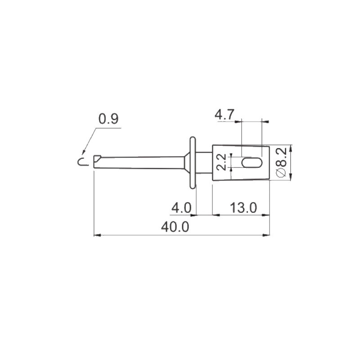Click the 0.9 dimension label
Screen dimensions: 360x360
(108, 119)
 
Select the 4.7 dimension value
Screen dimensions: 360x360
(224, 114)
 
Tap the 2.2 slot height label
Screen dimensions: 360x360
(221, 162)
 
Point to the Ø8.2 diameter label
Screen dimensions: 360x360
(281, 162)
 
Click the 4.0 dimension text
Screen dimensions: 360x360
(181, 208)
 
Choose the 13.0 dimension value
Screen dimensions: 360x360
(243, 208)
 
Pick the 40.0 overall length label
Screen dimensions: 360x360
(175, 227)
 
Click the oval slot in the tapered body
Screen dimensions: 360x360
(252, 162)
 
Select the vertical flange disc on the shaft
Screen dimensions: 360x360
(193, 163)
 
